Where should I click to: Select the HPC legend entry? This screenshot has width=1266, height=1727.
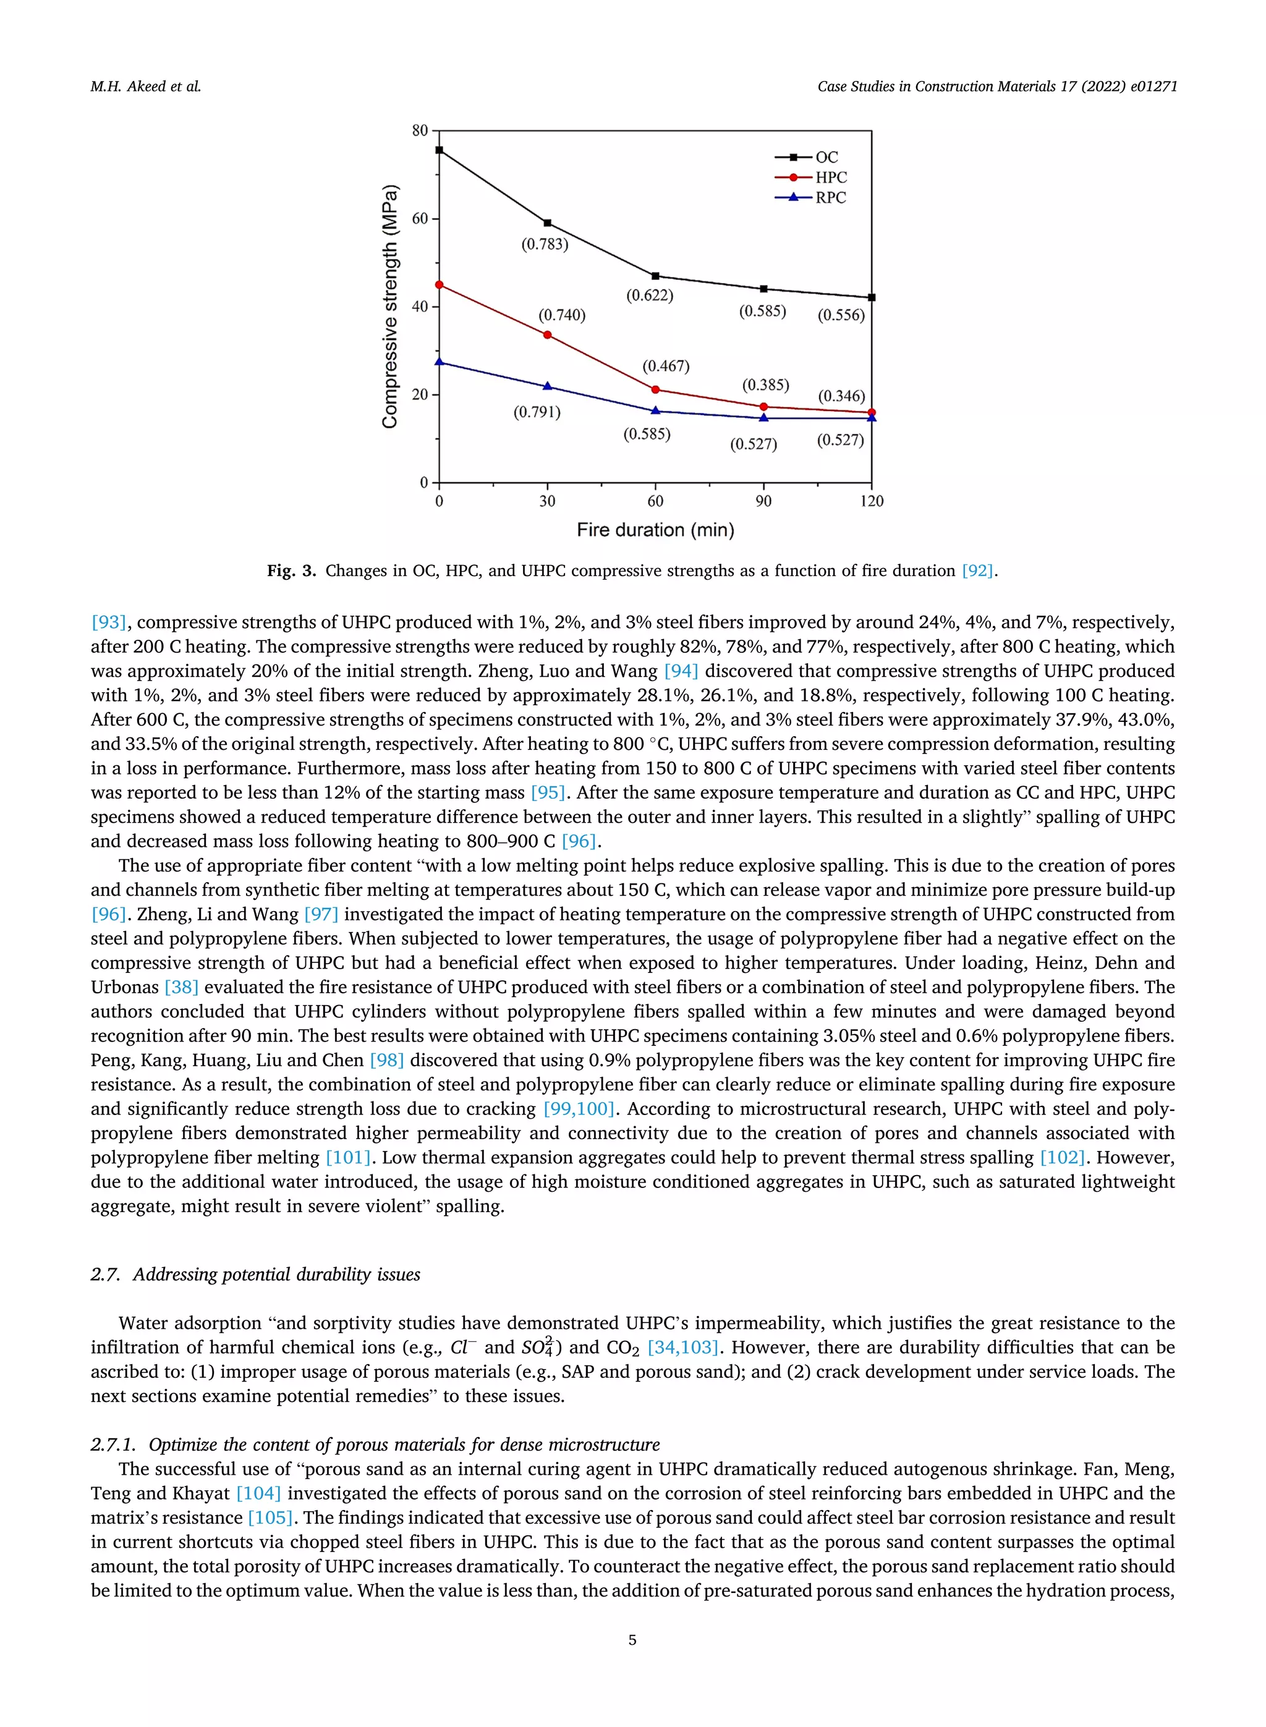click(830, 177)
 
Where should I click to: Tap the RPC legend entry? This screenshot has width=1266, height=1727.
click(830, 198)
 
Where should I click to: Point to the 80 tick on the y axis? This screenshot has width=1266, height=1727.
click(420, 130)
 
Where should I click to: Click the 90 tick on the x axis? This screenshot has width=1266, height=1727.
click(763, 501)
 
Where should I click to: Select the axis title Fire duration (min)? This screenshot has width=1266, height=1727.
click(655, 530)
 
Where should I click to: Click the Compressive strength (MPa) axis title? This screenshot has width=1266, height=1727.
click(390, 307)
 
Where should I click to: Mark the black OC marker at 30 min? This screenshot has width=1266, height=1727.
click(547, 223)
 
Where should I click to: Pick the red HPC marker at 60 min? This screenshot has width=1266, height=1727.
click(655, 390)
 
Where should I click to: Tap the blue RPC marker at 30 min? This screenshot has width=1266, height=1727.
click(547, 386)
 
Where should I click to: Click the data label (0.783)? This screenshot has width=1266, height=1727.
click(545, 244)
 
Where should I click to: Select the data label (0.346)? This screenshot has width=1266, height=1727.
click(841, 396)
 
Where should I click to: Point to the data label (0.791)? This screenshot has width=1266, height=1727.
click(537, 412)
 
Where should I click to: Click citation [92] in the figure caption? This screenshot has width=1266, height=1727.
click(978, 571)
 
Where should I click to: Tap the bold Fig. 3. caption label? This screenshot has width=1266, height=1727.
click(291, 571)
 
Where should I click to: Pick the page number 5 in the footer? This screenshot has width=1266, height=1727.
click(632, 1640)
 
